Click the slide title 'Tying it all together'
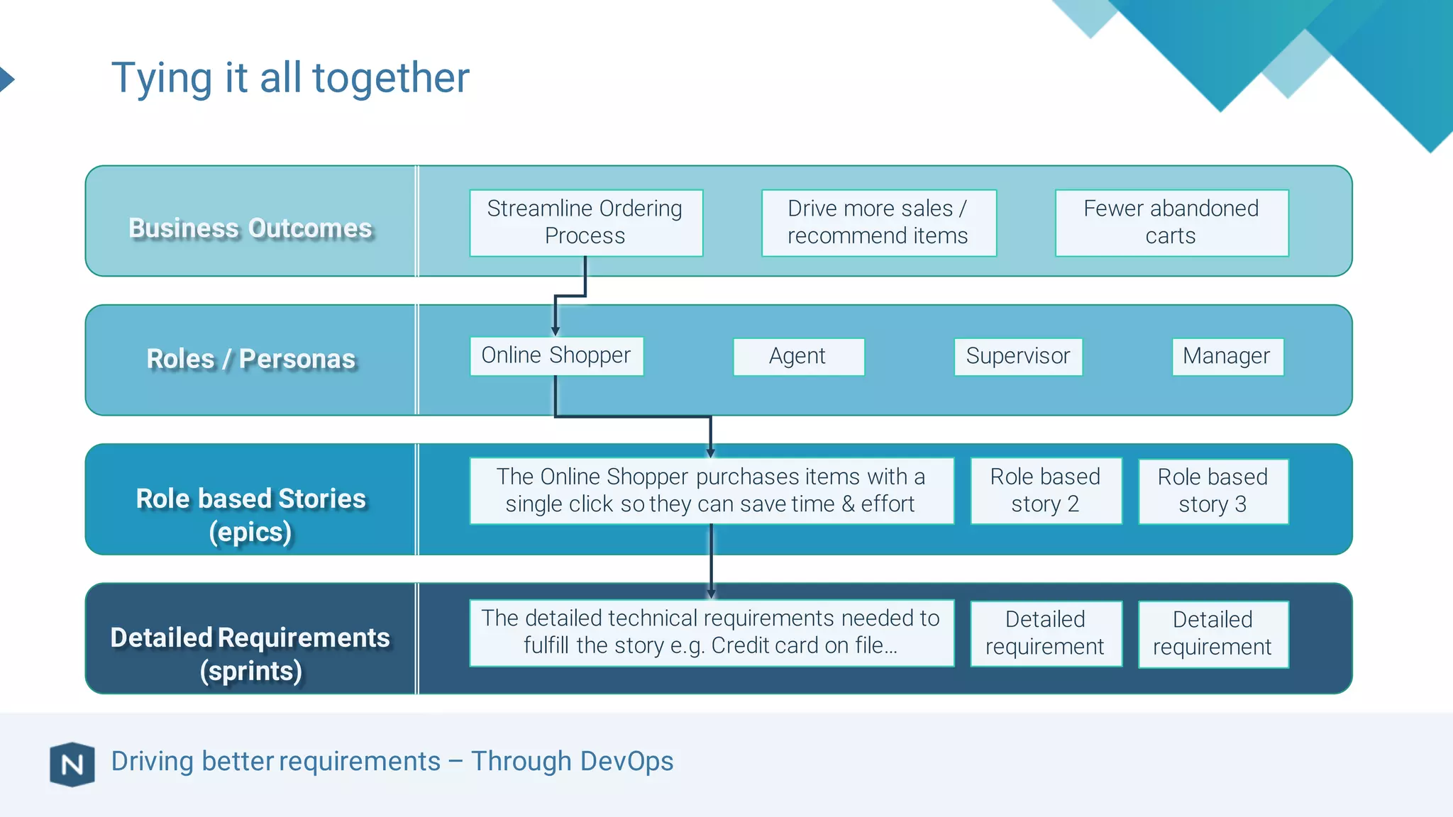tap(290, 77)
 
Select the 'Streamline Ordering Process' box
tap(585, 222)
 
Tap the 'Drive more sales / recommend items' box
tap(878, 222)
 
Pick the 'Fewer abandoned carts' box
tap(1171, 222)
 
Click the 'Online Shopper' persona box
tap(556, 355)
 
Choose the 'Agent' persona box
tap(798, 356)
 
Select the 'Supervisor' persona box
tap(1017, 356)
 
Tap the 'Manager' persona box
tap(1227, 356)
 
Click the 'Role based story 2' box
tap(1045, 491)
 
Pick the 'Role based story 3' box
tap(1212, 491)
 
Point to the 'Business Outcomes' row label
tap(250, 228)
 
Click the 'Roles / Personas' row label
tap(250, 359)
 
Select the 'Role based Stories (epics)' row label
tap(250, 514)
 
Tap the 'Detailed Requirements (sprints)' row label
tap(250, 653)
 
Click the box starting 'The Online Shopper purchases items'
tap(711, 491)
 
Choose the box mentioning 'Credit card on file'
tap(711, 633)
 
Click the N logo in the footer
tap(72, 765)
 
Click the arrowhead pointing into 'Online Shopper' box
tap(556, 331)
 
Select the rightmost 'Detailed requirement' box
tap(1212, 633)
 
